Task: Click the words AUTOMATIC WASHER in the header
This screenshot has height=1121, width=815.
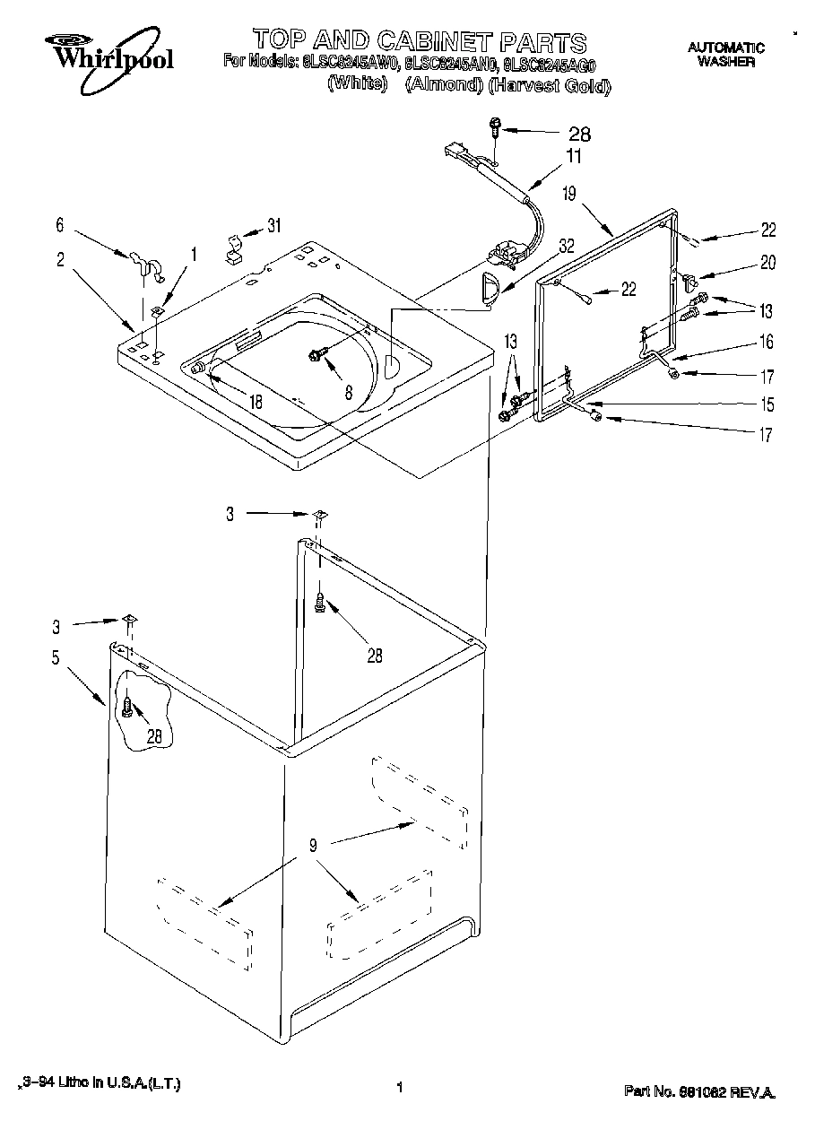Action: (x=726, y=55)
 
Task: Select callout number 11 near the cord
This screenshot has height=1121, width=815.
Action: (x=574, y=156)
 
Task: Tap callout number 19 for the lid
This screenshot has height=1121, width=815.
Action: (x=569, y=192)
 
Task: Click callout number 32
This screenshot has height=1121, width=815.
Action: (x=566, y=243)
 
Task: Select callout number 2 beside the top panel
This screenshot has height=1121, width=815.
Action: (x=59, y=259)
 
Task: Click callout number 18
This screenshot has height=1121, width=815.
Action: (x=256, y=402)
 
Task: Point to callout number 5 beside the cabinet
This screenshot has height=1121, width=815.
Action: (x=56, y=657)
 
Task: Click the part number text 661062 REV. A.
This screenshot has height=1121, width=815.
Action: (x=699, y=1091)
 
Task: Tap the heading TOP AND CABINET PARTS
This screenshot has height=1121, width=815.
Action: (x=419, y=41)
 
